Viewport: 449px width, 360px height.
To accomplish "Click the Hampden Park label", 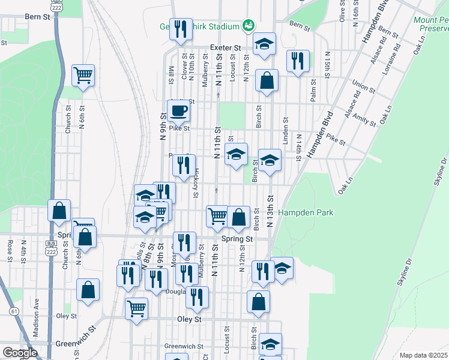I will pyautogui.click(x=309, y=212).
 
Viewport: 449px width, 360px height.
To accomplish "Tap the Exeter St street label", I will pyautogui.click(x=225, y=47).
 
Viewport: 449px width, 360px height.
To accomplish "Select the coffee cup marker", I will pyautogui.click(x=179, y=111).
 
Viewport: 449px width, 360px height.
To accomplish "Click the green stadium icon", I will pyautogui.click(x=248, y=25).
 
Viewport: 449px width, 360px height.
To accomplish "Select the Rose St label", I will pyautogui.click(x=10, y=248).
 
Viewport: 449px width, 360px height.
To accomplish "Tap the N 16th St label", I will pyautogui.click(x=356, y=12).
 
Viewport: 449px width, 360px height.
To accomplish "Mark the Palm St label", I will pyautogui.click(x=313, y=93).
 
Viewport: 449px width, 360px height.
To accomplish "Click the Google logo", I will pyautogui.click(x=20, y=353).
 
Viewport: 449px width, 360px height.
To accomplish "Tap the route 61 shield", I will pyautogui.click(x=14, y=311).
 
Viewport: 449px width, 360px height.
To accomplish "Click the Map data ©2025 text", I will pyautogui.click(x=424, y=355).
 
